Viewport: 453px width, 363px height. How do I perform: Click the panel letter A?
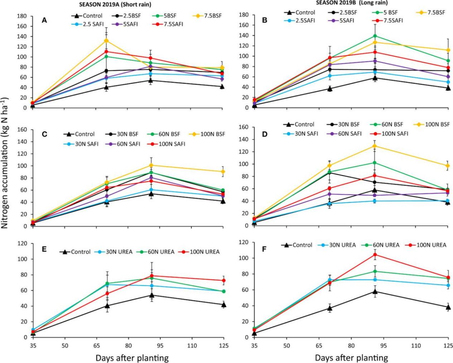(x=44, y=21)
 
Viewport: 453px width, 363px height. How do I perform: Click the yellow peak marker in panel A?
(x=106, y=40)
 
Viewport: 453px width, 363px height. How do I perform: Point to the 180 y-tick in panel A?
(x=22, y=16)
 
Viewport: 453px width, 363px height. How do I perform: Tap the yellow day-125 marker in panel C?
(x=223, y=171)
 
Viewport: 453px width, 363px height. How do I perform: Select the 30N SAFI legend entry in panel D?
(x=303, y=134)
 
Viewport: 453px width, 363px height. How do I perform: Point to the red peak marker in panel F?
(x=375, y=255)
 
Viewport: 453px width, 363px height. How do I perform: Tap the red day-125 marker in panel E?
(x=223, y=280)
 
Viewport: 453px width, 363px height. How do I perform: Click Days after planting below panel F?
(x=351, y=358)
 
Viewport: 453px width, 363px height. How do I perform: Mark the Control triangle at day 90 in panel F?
(x=375, y=292)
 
